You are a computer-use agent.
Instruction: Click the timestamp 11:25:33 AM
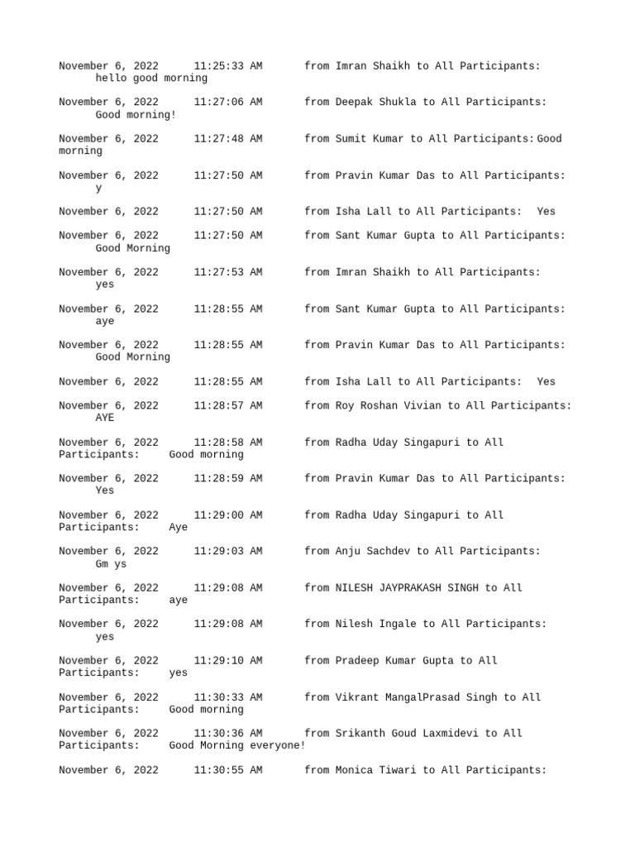tap(228, 65)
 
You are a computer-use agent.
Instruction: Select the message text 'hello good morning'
tap(151, 78)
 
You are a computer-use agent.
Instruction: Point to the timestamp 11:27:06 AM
tap(228, 102)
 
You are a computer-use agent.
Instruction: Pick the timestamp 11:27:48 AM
tap(228, 138)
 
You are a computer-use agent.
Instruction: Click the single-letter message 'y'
tap(99, 188)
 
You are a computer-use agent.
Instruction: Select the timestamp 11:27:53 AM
tap(228, 272)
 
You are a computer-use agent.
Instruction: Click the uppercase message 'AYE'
tap(105, 418)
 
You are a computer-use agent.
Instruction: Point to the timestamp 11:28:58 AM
tap(228, 443)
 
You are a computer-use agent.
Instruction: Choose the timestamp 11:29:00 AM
tap(228, 515)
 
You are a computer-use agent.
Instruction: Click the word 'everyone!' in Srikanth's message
tap(277, 745)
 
